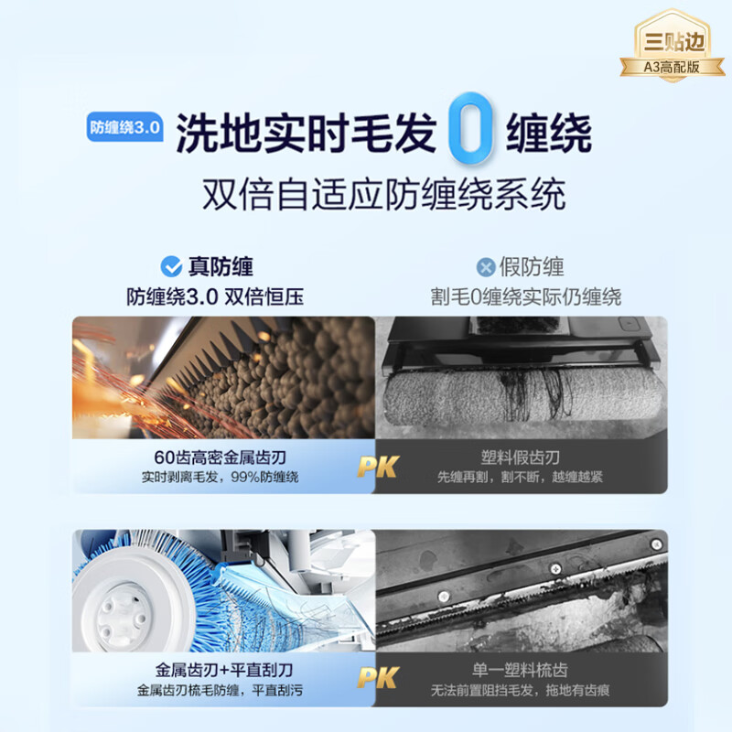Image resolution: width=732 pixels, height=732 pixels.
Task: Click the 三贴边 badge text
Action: (x=675, y=41)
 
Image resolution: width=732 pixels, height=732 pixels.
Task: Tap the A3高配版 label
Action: (x=675, y=66)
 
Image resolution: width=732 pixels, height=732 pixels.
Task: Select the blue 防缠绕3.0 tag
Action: (x=124, y=128)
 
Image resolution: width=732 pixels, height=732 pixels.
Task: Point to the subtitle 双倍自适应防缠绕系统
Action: (x=383, y=194)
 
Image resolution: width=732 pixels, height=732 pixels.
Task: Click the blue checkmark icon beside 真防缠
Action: (x=171, y=267)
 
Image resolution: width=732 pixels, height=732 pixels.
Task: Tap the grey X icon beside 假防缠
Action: (x=486, y=267)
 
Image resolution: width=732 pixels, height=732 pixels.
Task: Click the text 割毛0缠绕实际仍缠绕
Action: (x=526, y=297)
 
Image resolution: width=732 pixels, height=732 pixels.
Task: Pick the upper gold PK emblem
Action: (x=376, y=467)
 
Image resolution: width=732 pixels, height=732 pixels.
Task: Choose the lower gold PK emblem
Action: (x=376, y=678)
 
